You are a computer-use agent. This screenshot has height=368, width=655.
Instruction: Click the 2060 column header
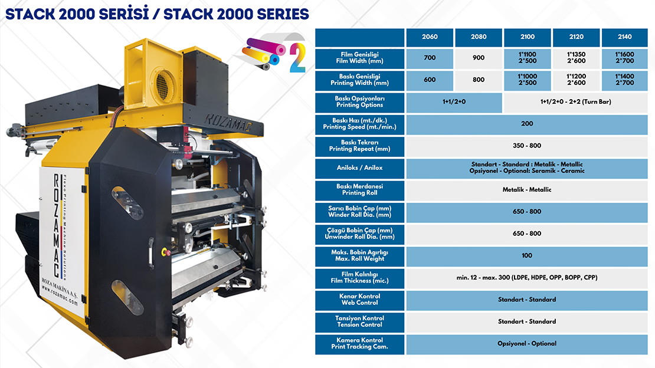pyautogui.click(x=430, y=37)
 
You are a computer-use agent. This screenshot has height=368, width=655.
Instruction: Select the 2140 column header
pyautogui.click(x=624, y=37)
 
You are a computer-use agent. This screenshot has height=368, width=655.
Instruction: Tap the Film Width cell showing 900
pyautogui.click(x=479, y=58)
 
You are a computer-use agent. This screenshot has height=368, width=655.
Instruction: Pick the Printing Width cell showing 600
pyautogui.click(x=430, y=80)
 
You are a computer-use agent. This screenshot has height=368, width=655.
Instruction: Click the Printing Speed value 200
pyautogui.click(x=527, y=124)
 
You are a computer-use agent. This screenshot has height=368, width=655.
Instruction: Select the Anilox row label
pyautogui.click(x=360, y=168)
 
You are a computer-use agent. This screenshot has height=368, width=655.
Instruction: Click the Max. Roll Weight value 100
pyautogui.click(x=527, y=256)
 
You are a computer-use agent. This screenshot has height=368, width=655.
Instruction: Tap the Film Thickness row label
pyautogui.click(x=360, y=278)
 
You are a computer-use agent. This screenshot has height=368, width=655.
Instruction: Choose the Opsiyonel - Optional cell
pyautogui.click(x=527, y=344)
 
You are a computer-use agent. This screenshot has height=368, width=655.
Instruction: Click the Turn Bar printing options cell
pyautogui.click(x=575, y=102)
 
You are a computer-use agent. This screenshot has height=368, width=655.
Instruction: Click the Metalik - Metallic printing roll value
pyautogui.click(x=527, y=190)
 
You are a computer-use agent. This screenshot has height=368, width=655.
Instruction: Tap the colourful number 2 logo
pyautogui.click(x=297, y=58)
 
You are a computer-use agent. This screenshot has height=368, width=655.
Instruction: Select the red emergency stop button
pyautogui.click(x=165, y=251)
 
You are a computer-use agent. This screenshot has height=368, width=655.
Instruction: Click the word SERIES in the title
pyautogui.click(x=283, y=14)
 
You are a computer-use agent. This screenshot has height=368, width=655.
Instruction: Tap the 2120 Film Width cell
pyautogui.click(x=576, y=58)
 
